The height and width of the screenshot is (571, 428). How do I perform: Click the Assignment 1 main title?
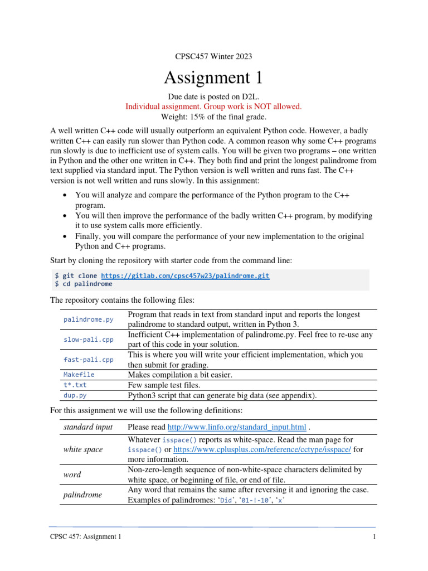[213, 77]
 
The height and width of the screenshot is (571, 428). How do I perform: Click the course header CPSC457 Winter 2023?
[213, 56]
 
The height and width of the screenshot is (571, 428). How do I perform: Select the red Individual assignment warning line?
[213, 106]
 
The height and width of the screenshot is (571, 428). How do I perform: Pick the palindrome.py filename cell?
[89, 320]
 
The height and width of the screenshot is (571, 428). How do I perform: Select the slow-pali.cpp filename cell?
[89, 340]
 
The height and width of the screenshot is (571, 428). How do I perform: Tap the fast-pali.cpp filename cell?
[89, 360]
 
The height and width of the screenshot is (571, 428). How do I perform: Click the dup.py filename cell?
[75, 395]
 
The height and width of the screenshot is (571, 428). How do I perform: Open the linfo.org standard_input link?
[237, 427]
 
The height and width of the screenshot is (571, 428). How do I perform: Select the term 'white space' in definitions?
[83, 449]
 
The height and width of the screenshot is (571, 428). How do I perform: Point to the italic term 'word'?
[72, 475]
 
